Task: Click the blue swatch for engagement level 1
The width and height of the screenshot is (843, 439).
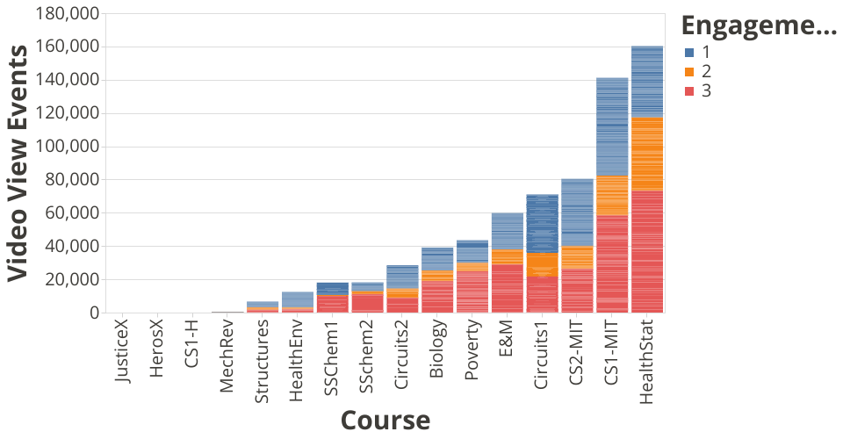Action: coord(690,52)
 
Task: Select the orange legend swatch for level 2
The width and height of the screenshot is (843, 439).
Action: coord(690,71)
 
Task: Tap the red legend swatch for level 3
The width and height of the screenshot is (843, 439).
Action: coord(690,91)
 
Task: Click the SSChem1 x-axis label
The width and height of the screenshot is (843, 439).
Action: coord(332,356)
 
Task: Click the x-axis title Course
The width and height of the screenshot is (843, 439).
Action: coord(385,420)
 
